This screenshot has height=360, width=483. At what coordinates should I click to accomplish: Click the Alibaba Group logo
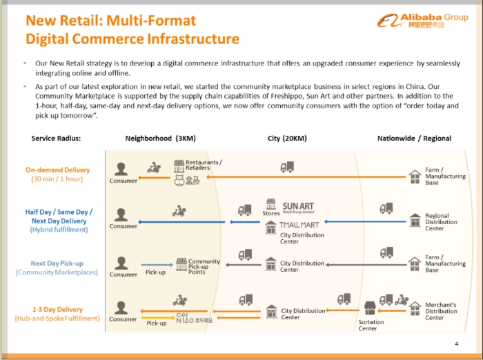coord(422,20)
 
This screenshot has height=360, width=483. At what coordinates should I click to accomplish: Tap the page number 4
coord(457,343)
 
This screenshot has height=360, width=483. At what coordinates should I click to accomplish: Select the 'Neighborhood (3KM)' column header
coord(161,138)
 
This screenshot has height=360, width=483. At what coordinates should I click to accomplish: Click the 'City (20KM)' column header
coord(287,138)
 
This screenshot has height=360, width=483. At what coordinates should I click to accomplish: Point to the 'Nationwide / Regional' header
coord(414,138)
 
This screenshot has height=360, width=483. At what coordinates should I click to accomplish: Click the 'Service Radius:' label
coord(56,138)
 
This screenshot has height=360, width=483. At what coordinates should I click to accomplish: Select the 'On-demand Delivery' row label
coord(57,170)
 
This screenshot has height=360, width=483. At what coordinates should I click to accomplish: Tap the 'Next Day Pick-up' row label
coord(57,263)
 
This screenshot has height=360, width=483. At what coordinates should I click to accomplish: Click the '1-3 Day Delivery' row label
coord(57,310)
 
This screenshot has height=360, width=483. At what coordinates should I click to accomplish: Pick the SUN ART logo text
coord(298,207)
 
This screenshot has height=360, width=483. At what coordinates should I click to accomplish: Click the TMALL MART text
coord(299,225)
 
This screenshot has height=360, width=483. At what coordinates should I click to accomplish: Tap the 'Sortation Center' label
coord(371,326)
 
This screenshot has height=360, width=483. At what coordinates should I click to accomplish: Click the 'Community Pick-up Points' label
coord(204,267)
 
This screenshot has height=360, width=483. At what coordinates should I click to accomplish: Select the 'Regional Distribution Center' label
coord(441,222)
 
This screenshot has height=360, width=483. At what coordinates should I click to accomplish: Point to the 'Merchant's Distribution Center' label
coord(441,311)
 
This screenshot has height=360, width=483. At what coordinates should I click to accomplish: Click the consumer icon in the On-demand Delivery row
coord(121,169)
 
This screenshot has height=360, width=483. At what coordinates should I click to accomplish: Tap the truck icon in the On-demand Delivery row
coord(287,167)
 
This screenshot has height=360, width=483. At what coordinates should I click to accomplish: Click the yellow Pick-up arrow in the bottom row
coord(158,317)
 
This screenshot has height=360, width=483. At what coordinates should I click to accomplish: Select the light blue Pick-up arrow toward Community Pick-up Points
coord(157,265)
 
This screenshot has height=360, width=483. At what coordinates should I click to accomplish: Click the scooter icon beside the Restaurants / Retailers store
coord(154,167)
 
